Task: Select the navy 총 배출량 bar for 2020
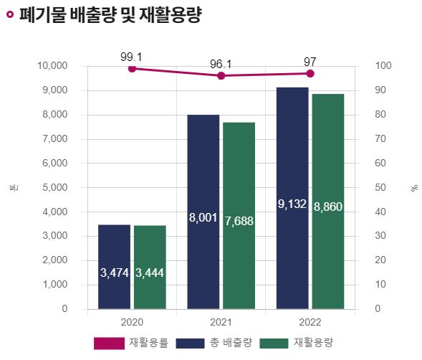pos(115,267)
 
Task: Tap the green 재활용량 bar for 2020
pos(150,267)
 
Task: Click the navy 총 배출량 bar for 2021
pos(203,212)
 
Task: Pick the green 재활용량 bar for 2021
pos(239,215)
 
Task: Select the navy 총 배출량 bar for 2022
pos(292,198)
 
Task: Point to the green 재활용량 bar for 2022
pos(327,202)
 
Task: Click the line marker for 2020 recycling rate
pos(132,68)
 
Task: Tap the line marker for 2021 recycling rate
pos(221,75)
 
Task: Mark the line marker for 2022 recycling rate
pos(310,73)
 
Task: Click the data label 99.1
pos(132,55)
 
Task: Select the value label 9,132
pos(292,205)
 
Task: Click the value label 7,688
pos(239,221)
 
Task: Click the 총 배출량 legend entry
pos(214,343)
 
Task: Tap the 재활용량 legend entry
pos(296,343)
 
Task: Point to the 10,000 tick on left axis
pos(52,66)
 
